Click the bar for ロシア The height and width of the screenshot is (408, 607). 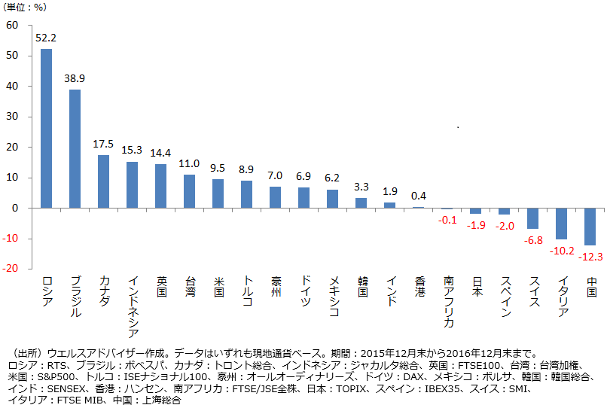click(x=46, y=128)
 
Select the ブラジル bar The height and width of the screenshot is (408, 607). click(x=75, y=148)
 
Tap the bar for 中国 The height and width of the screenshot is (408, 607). click(x=591, y=227)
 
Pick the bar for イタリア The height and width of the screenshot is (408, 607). click(x=562, y=224)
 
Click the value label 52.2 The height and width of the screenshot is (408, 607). click(x=46, y=38)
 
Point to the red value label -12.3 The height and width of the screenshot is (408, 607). click(x=591, y=257)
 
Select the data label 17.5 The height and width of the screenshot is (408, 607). click(x=103, y=143)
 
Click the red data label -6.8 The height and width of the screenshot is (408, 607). click(x=533, y=240)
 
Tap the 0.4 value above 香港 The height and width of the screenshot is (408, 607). click(x=419, y=196)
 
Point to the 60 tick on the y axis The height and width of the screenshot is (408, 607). click(x=12, y=25)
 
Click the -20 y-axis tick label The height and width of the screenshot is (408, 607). click(x=10, y=269)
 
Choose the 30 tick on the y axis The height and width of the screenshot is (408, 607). click(x=12, y=117)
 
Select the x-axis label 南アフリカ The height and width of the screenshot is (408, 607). click(x=448, y=302)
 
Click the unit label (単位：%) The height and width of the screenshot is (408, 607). click(x=33, y=8)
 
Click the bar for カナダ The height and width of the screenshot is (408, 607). click(x=103, y=181)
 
